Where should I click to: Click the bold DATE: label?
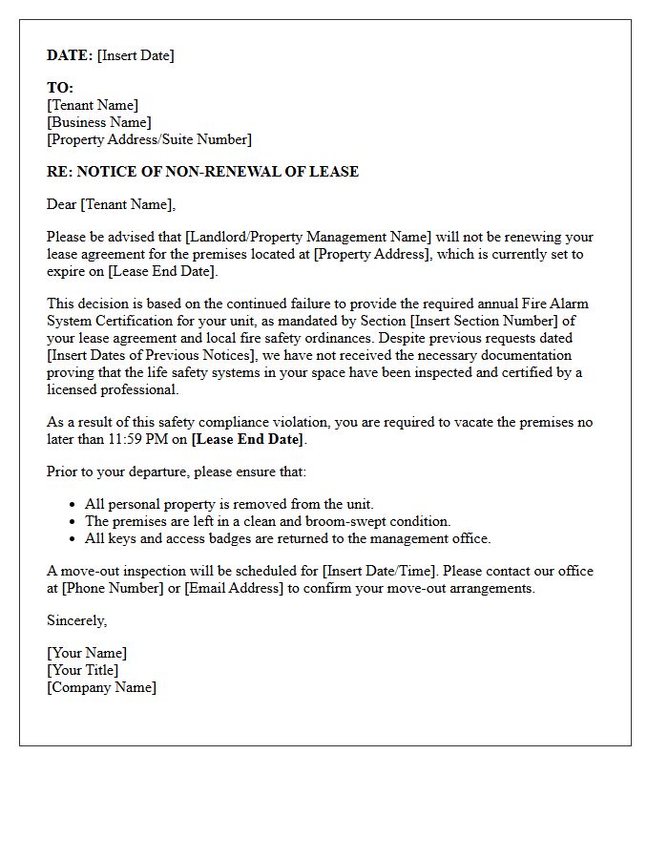point(70,55)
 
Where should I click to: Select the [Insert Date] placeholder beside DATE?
point(136,55)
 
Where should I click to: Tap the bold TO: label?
point(60,88)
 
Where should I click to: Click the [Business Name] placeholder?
point(99,122)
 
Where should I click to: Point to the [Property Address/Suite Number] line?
point(149,139)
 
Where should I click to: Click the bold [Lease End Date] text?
point(248,439)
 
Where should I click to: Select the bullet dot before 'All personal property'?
point(73,504)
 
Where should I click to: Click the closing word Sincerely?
point(76,620)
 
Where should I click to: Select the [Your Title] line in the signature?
point(83,670)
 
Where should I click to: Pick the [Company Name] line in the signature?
point(101,687)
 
